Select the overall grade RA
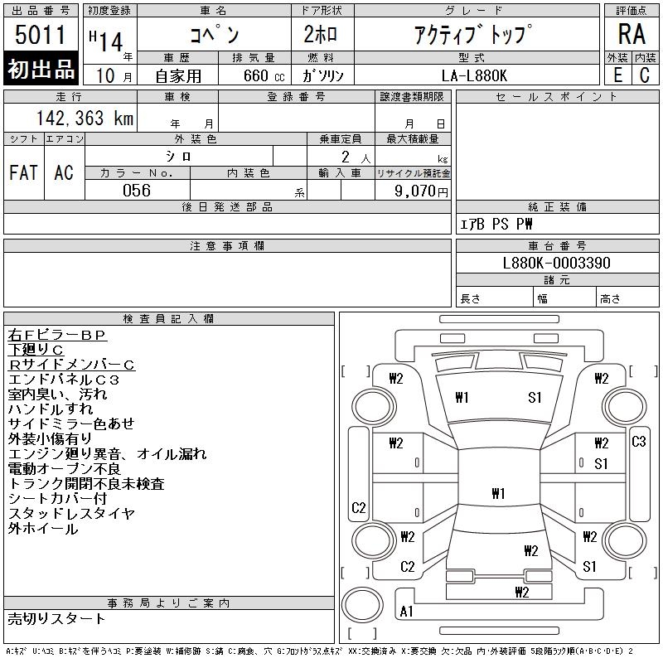pyautogui.click(x=632, y=35)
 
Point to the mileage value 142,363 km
pyautogui.click(x=84, y=119)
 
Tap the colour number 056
pyautogui.click(x=137, y=191)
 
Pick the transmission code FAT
pyautogui.click(x=24, y=172)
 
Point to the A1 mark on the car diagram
pyautogui.click(x=407, y=612)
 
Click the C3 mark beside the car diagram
pyautogui.click(x=639, y=442)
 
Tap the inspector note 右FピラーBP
pyautogui.click(x=57, y=336)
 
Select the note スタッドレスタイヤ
pyautogui.click(x=71, y=514)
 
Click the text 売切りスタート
pyautogui.click(x=57, y=618)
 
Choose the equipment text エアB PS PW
pyautogui.click(x=496, y=225)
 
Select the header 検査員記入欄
pyautogui.click(x=169, y=318)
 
